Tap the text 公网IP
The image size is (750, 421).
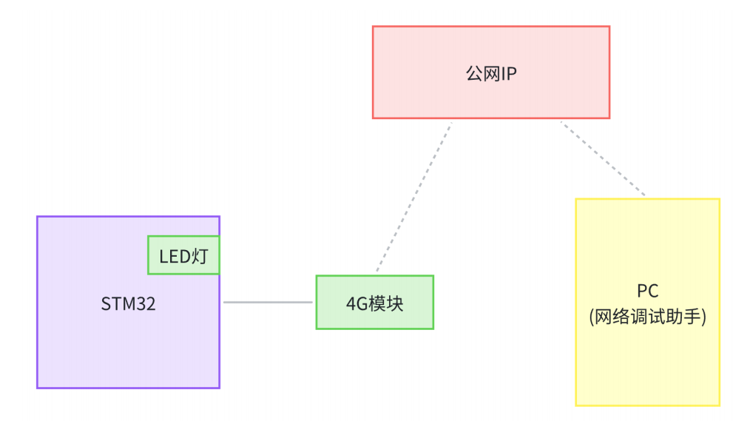tap(490, 74)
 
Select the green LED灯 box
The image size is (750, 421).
tap(184, 255)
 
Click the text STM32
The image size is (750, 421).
tap(128, 304)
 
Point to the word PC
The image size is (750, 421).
tap(647, 291)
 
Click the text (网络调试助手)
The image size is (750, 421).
tap(647, 317)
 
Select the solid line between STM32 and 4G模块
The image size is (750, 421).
tap(268, 302)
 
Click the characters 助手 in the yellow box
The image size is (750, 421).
tap(687, 317)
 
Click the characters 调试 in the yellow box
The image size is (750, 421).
tap(649, 317)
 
